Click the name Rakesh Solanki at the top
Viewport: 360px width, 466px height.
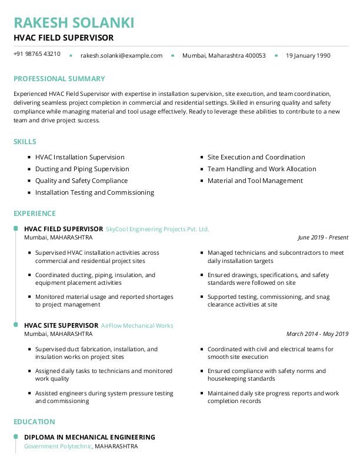point(74,23)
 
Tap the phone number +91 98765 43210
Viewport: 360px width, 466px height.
point(37,54)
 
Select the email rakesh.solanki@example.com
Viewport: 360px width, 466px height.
point(121,56)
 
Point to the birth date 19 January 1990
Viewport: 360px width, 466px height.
point(308,56)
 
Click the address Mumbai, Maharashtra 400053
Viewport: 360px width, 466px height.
point(224,56)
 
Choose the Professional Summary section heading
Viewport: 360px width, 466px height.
point(59,79)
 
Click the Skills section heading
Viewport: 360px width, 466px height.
point(25,142)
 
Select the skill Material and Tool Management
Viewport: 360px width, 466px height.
point(255,181)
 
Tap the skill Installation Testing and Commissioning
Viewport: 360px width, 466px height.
point(94,192)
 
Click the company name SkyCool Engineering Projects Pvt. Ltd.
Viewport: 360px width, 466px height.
point(157,229)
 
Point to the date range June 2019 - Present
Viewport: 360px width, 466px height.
point(323,238)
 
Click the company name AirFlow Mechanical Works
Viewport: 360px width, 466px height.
point(137,325)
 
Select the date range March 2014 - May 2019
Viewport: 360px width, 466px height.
point(317,334)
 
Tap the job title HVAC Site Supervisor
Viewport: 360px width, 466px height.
point(61,325)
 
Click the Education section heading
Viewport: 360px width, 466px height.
point(34,422)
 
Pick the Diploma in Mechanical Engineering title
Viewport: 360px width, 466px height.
point(89,437)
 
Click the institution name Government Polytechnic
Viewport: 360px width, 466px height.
point(58,447)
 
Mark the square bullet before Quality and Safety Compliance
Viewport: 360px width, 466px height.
point(29,181)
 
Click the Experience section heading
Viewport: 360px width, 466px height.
point(35,214)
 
